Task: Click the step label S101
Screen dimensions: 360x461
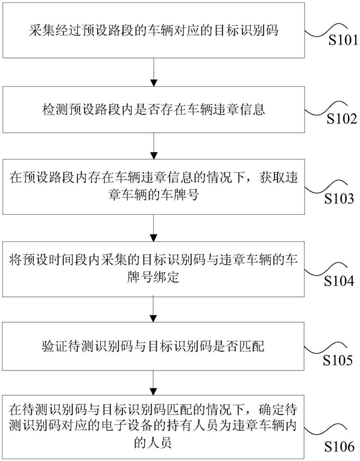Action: click(343, 40)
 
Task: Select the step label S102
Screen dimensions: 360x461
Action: click(342, 119)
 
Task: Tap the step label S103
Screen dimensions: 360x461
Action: click(339, 199)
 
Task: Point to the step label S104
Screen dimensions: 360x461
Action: click(339, 281)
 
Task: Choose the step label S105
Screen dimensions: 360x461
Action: click(338, 360)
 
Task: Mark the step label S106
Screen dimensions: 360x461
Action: click(339, 447)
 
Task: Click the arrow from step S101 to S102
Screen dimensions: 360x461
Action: click(154, 72)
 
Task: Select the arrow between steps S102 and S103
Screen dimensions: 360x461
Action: click(154, 146)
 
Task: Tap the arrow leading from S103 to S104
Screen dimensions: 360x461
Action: click(154, 228)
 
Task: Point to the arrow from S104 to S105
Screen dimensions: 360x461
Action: click(154, 310)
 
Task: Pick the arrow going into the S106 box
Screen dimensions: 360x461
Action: click(154, 383)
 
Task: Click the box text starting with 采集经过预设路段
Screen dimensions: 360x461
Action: click(154, 30)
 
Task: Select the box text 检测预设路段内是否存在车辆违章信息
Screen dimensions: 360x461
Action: click(154, 109)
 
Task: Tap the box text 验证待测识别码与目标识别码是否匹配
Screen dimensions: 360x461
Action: click(154, 346)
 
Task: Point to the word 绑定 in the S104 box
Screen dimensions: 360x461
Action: click(166, 277)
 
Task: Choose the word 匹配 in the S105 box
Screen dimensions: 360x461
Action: click(252, 346)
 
